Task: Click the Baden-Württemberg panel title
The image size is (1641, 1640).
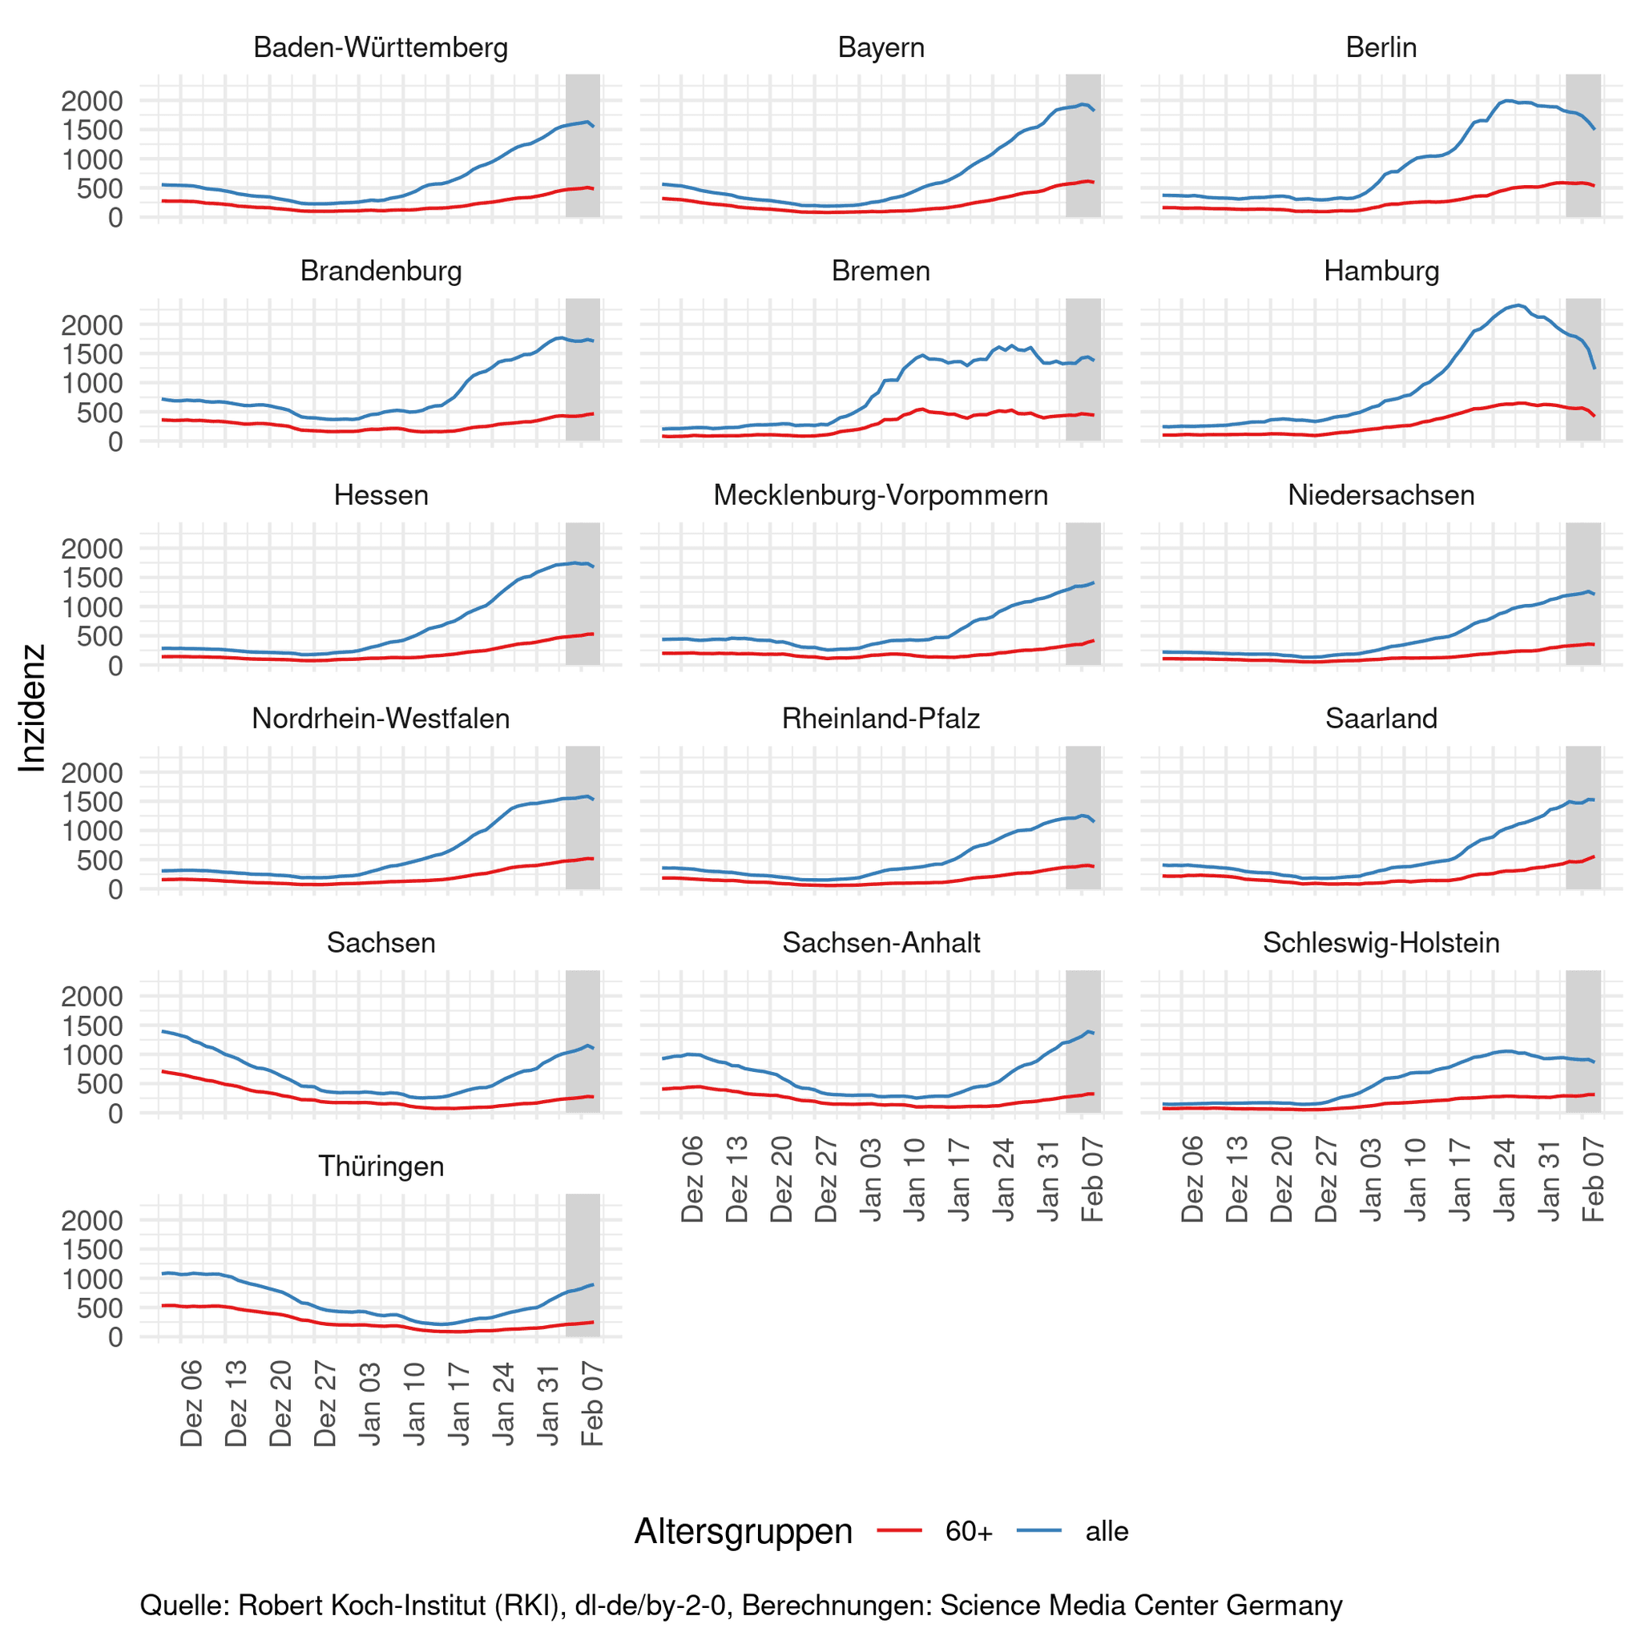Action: click(x=381, y=47)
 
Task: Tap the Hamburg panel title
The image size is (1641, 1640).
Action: click(x=1381, y=271)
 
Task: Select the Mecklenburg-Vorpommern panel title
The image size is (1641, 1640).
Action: click(x=881, y=495)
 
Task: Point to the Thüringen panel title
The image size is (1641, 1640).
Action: click(x=381, y=1166)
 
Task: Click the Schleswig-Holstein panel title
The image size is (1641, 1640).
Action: click(x=1381, y=943)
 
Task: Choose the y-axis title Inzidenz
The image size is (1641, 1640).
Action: click(x=32, y=707)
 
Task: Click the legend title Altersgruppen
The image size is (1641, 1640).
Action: click(x=744, y=1531)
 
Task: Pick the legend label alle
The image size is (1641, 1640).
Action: click(x=1107, y=1531)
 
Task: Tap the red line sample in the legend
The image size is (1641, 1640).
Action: click(x=899, y=1530)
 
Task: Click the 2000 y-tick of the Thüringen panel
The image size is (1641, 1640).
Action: click(x=91, y=1220)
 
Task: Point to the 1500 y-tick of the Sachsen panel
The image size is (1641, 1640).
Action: click(x=91, y=1026)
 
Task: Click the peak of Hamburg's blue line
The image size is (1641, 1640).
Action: click(x=1518, y=305)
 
